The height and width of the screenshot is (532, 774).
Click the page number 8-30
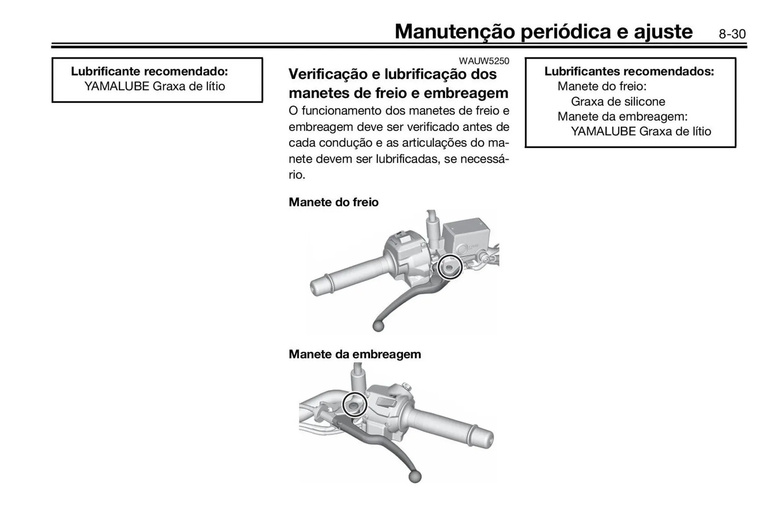pyautogui.click(x=732, y=34)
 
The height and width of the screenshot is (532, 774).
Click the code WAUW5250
pyautogui.click(x=484, y=61)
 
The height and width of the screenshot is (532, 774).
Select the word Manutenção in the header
pyautogui.click(x=454, y=31)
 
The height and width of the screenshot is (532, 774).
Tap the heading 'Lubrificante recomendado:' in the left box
pyautogui.click(x=149, y=71)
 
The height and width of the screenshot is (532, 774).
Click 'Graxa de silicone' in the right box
pyautogui.click(x=618, y=101)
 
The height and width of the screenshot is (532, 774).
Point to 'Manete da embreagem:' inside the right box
pyautogui.click(x=622, y=116)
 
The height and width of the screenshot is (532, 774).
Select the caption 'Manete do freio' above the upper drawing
pyautogui.click(x=333, y=202)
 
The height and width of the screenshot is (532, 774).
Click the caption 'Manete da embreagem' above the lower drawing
pyautogui.click(x=355, y=354)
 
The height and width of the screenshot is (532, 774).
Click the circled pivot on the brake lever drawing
pyautogui.click(x=449, y=267)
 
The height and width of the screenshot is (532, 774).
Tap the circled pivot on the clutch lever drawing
pyautogui.click(x=354, y=404)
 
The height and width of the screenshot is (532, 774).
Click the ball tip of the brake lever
pyautogui.click(x=378, y=326)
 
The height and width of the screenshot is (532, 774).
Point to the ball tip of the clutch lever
pyautogui.click(x=415, y=477)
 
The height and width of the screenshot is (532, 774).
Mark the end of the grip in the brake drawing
pyautogui.click(x=316, y=287)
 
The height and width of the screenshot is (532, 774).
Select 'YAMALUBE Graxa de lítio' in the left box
pyautogui.click(x=154, y=86)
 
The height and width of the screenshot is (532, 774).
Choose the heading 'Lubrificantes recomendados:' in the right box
pyautogui.click(x=629, y=71)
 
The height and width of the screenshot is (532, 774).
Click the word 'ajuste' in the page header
pyautogui.click(x=663, y=31)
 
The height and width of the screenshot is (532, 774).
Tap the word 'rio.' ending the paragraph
pyautogui.click(x=297, y=175)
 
